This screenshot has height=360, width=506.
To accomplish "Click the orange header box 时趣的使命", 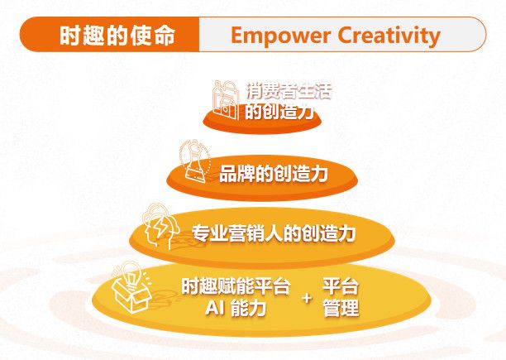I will click(x=111, y=36).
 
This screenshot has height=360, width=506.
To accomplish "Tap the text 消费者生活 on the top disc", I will click(x=289, y=91).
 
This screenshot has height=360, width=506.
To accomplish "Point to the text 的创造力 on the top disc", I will click(x=280, y=113).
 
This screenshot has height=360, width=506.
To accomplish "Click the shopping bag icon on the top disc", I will click(x=226, y=98).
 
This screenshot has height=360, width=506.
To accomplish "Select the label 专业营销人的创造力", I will click(x=274, y=233).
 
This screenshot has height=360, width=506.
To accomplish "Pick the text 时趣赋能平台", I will click(x=236, y=287).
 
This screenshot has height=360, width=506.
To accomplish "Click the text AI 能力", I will click(x=236, y=309).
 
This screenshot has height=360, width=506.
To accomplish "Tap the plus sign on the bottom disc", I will click(x=308, y=298).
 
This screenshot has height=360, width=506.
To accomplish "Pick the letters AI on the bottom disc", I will click(x=213, y=309).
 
